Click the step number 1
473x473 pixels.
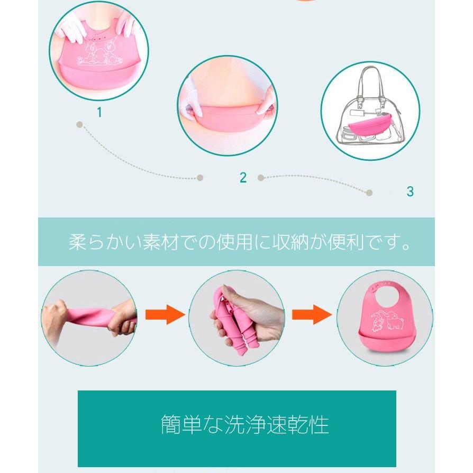(99, 112)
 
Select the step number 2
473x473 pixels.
(243, 178)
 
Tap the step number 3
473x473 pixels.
(410, 192)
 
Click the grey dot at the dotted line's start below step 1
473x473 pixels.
(79, 125)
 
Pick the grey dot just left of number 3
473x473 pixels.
(369, 193)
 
